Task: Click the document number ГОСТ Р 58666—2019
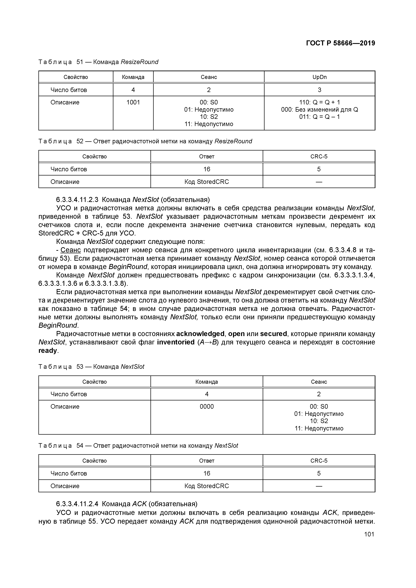[x=340, y=43]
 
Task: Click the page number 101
[x=369, y=534]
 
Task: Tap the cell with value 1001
[x=133, y=102]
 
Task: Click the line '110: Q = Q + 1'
[x=319, y=102]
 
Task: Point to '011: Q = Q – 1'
[x=319, y=117]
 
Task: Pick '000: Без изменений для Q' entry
[x=319, y=110]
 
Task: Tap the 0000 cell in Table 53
[x=207, y=407]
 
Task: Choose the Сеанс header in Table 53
[x=319, y=382]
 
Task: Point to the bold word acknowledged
[x=200, y=334]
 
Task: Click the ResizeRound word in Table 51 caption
[x=139, y=62]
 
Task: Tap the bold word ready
[x=48, y=351]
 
